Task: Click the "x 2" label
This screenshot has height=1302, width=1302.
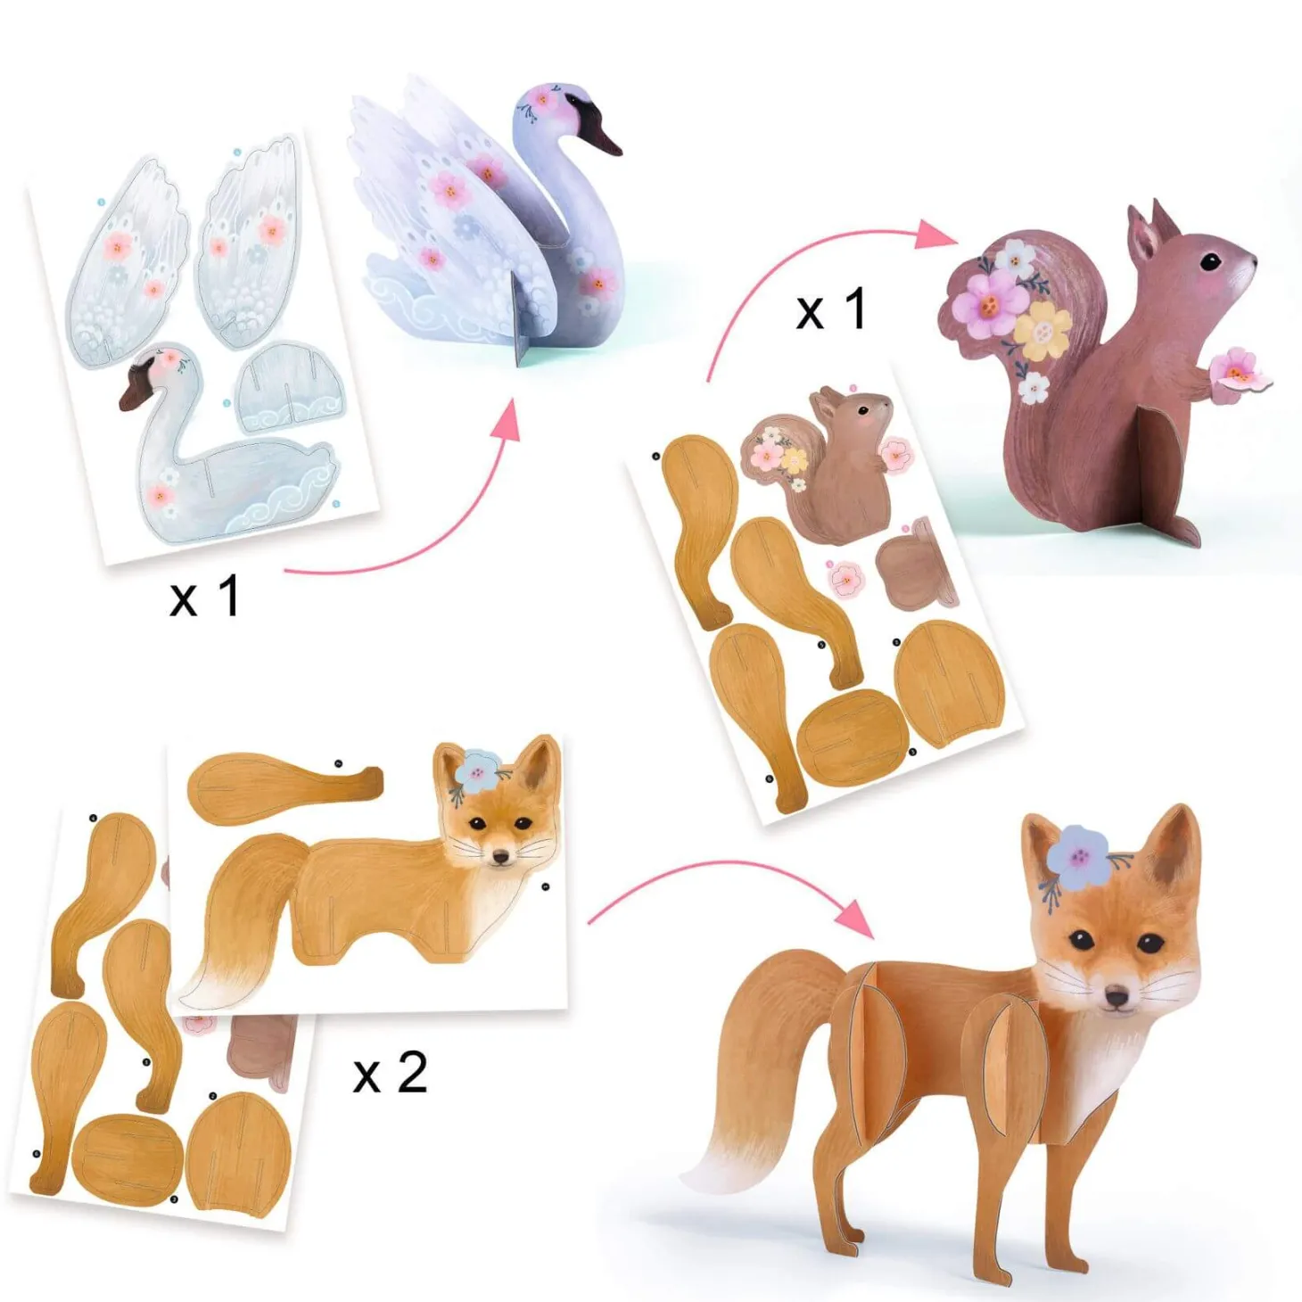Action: (390, 1074)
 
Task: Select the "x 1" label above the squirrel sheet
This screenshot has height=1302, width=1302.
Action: (830, 311)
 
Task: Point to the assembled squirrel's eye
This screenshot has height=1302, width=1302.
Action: (1215, 260)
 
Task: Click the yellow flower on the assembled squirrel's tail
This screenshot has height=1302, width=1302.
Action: (1042, 330)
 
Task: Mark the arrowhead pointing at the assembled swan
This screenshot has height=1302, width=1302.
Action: (502, 420)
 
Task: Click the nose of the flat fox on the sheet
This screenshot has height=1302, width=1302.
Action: (500, 857)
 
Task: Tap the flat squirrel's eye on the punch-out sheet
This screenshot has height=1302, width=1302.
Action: (862, 409)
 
